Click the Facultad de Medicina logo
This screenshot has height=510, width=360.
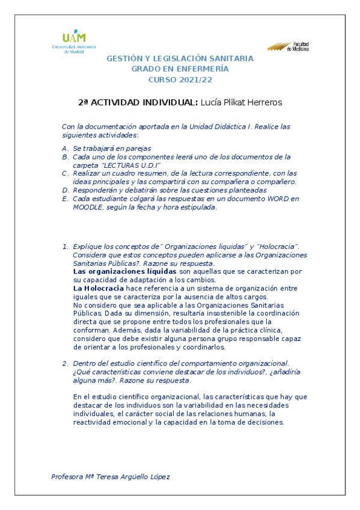(x=288, y=46)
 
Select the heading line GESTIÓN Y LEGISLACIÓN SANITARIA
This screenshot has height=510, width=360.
(x=180, y=58)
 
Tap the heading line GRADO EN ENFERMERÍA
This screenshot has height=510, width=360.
(x=180, y=69)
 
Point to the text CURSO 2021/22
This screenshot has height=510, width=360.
(x=180, y=79)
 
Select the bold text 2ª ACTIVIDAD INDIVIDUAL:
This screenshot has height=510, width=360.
(x=138, y=102)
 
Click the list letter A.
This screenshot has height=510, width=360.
(x=65, y=148)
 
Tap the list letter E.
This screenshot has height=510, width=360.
(x=65, y=198)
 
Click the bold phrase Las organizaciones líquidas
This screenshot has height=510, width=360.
(x=116, y=271)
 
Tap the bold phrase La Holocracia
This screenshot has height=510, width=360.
(x=94, y=288)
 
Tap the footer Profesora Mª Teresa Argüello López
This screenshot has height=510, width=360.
(x=111, y=477)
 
